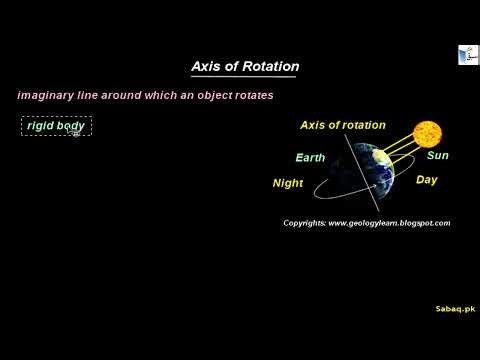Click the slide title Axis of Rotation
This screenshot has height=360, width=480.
tap(245, 67)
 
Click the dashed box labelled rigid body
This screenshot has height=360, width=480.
tap(56, 126)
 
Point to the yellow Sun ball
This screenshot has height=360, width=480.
tap(427, 134)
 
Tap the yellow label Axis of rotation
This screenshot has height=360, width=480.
tap(343, 125)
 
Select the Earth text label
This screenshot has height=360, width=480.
tap(310, 158)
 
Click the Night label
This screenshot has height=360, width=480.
tap(287, 183)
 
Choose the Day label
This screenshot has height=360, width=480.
tap(426, 180)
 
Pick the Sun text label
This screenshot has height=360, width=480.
tap(437, 156)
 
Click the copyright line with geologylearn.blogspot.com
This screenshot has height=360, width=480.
tap(366, 222)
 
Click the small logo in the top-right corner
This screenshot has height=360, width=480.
tap(466, 56)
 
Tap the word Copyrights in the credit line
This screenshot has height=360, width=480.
tap(304, 222)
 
